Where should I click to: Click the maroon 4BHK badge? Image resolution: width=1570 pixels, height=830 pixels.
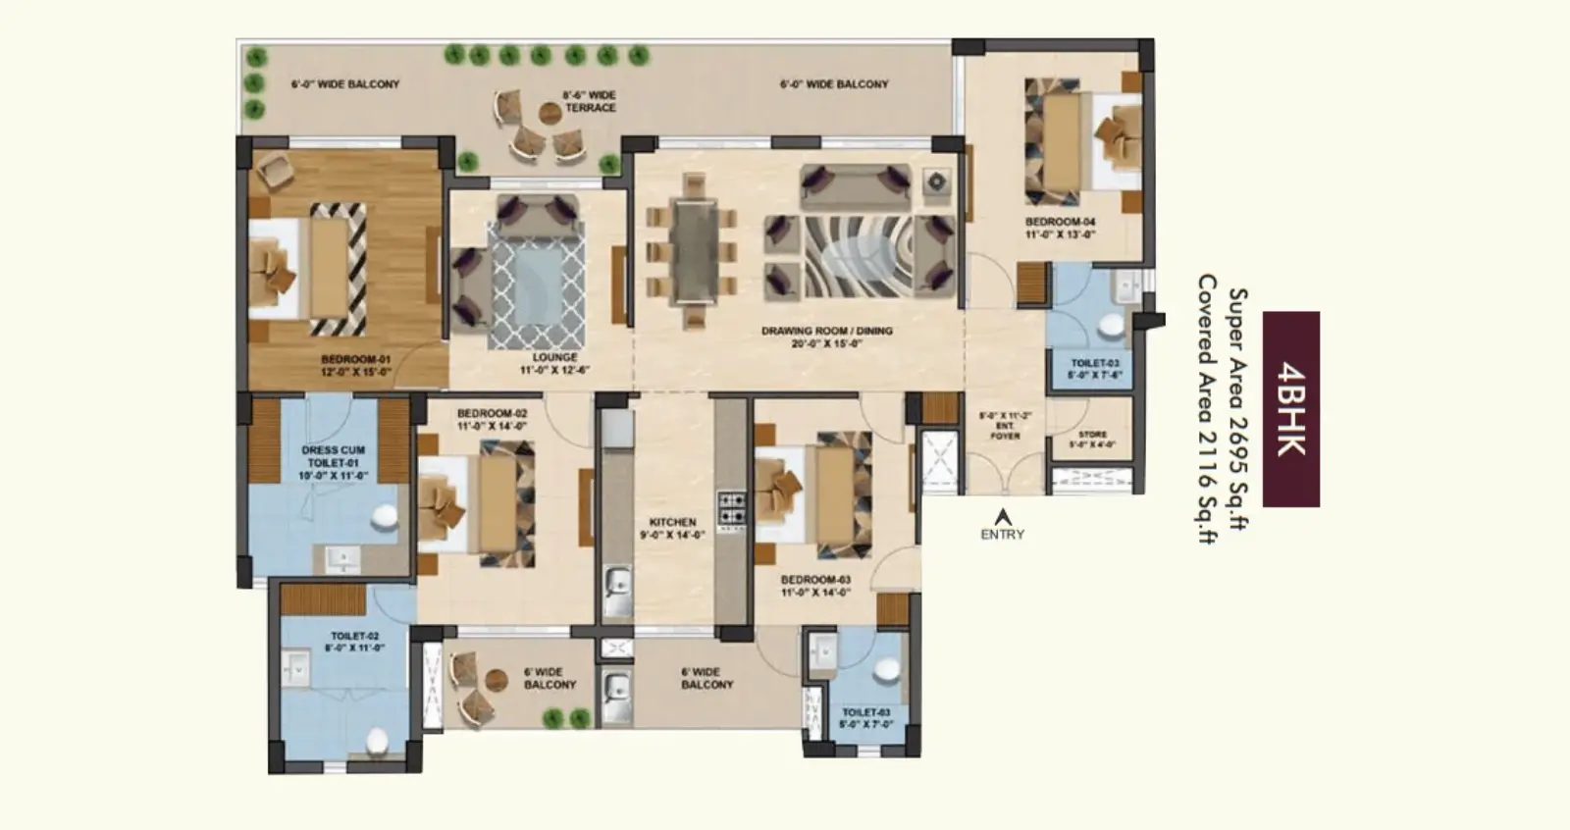pos(1290,409)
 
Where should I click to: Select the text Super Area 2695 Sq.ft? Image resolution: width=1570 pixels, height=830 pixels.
pos(1238,409)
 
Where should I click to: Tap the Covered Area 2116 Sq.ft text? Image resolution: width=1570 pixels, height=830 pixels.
pos(1206,409)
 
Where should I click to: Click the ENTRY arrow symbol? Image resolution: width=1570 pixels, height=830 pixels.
pos(1002,515)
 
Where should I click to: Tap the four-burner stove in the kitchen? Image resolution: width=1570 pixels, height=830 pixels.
pos(731,508)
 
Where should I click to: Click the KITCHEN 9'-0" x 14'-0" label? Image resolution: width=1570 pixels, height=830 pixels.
pos(672,529)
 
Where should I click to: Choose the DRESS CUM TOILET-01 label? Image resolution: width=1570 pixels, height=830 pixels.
pos(333,462)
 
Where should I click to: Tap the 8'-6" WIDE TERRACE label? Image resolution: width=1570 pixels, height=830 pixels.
pos(589,101)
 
